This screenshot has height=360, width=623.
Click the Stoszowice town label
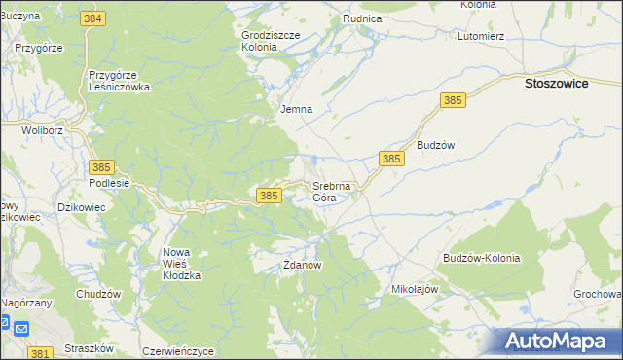pyautogui.click(x=569, y=84)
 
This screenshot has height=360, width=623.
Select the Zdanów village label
pyautogui.click(x=302, y=264)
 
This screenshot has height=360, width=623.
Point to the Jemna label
pyautogui.click(x=296, y=109)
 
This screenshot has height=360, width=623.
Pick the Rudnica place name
pyautogui.click(x=362, y=18)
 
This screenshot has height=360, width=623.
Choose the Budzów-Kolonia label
pyautogui.click(x=481, y=258)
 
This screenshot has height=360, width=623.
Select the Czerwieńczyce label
pyautogui.click(x=177, y=350)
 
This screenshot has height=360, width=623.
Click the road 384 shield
pyautogui.click(x=93, y=18)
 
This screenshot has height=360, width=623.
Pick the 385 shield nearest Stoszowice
pyautogui.click(x=453, y=100)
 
